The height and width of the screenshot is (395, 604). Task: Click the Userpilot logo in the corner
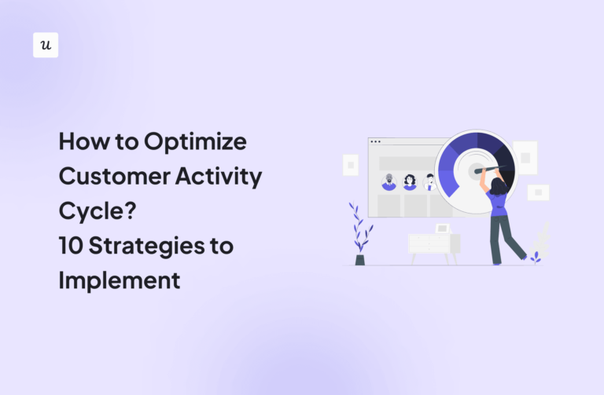click(46, 45)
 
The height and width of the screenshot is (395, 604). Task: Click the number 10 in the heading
click(72, 246)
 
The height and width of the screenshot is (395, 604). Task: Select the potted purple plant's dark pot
click(360, 259)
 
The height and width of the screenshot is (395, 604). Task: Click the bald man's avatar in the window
click(389, 182)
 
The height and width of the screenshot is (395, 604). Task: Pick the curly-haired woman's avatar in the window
click(410, 182)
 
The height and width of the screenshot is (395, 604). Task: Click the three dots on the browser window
click(376, 142)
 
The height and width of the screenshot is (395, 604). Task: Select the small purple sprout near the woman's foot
click(536, 257)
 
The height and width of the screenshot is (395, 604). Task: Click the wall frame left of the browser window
click(351, 165)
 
